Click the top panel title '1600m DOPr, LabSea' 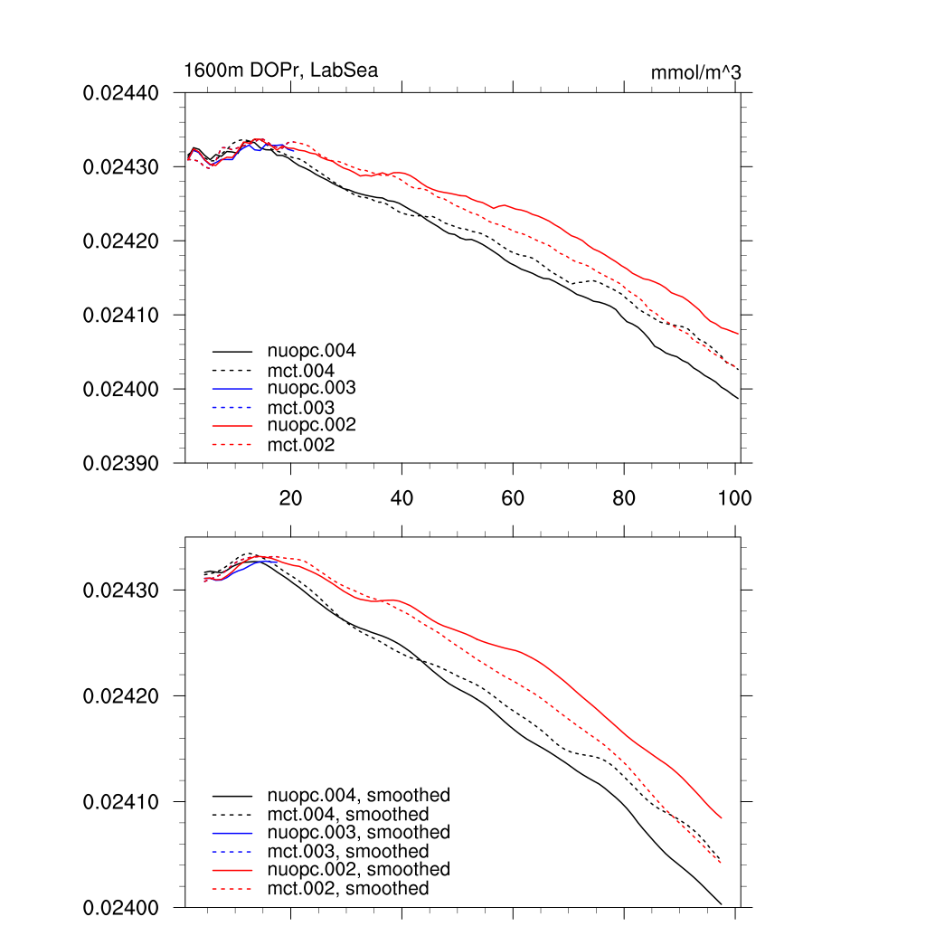[280, 70]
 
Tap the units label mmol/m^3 [695, 72]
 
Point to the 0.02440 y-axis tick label [121, 93]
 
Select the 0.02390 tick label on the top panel [121, 463]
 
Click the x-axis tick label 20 [290, 497]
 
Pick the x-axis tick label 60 [513, 497]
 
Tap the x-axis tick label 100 [734, 497]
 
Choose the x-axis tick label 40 [402, 497]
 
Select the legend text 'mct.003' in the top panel [301, 408]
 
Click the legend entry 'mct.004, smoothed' [348, 815]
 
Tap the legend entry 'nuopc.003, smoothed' [359, 832]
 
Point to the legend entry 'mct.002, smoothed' [348, 889]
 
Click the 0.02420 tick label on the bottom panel [121, 696]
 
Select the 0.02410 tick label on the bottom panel [121, 802]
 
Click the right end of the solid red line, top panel [739, 334]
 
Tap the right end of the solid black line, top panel [739, 398]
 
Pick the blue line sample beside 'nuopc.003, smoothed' [232, 832]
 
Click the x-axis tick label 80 [624, 497]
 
